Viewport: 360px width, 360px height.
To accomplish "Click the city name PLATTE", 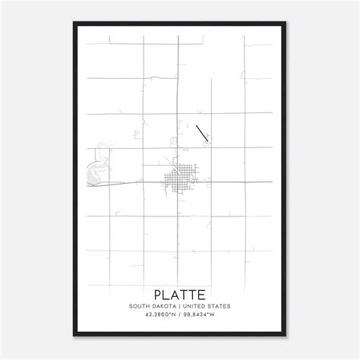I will click(180, 292).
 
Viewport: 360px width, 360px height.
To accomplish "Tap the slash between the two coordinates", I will click(180, 317).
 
